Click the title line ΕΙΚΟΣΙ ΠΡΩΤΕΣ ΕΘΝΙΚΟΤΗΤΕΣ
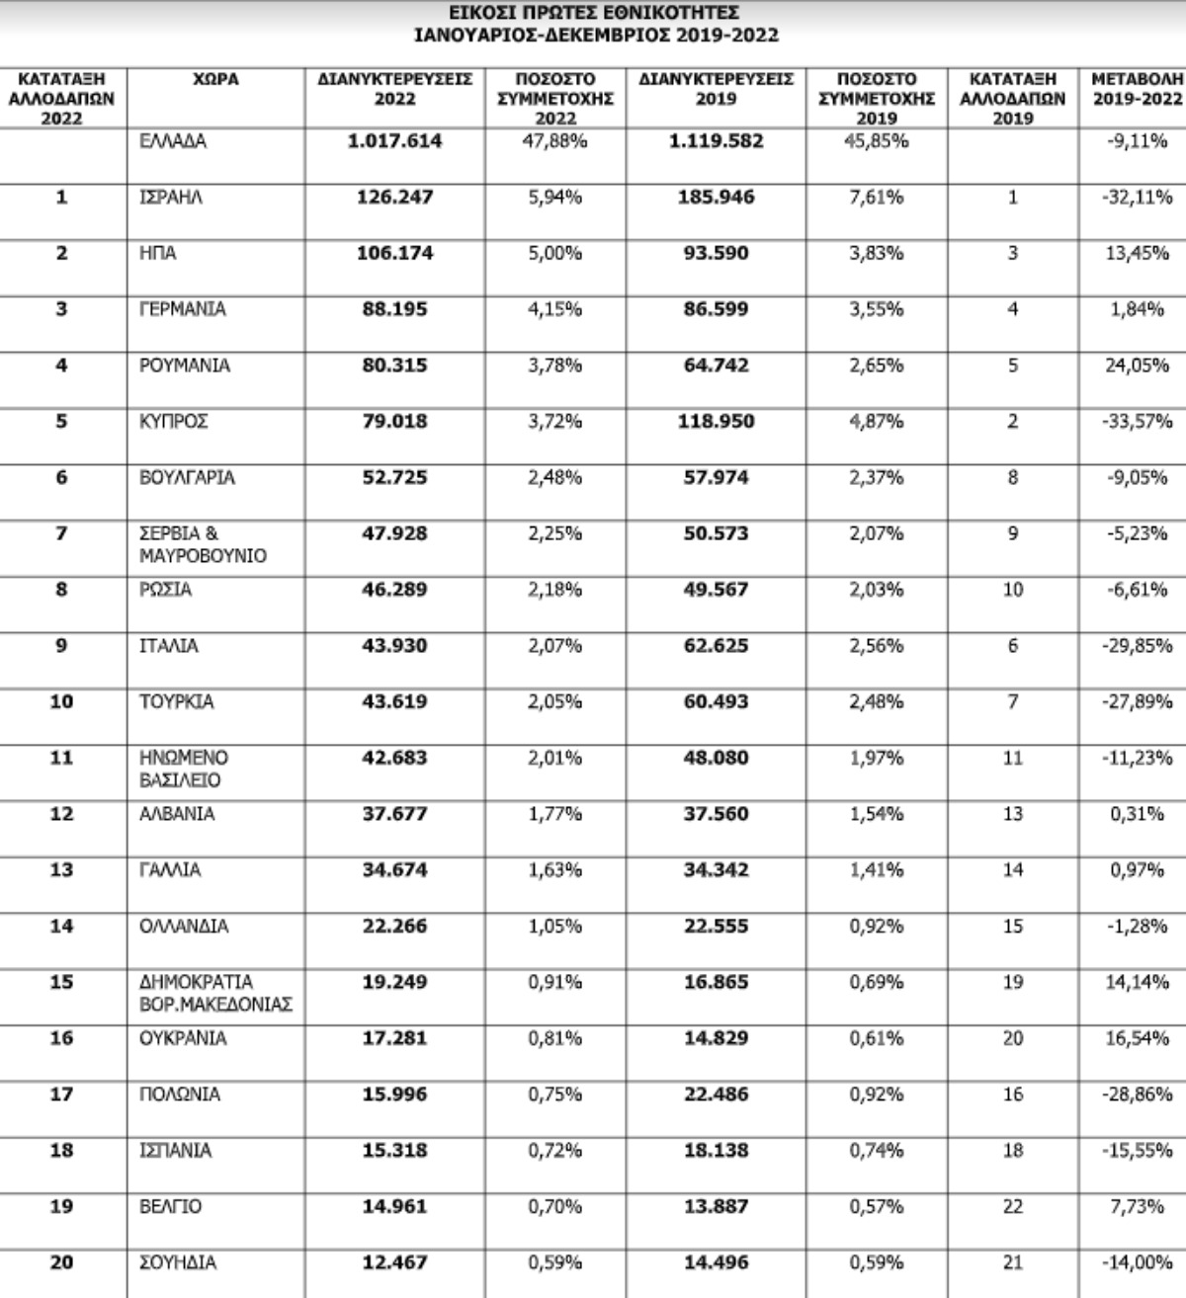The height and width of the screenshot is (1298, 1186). (593, 13)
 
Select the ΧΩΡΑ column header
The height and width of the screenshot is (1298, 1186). (215, 79)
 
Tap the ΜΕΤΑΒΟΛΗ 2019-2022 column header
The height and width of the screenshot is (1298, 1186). (1136, 89)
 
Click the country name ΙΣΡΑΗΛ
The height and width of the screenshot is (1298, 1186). (171, 198)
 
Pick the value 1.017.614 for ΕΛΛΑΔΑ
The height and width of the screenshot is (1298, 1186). (394, 141)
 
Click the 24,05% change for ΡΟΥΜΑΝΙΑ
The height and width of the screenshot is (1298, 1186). (1138, 365)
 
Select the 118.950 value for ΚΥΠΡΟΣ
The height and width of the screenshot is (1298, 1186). (716, 422)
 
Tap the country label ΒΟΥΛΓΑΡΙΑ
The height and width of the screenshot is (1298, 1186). (187, 478)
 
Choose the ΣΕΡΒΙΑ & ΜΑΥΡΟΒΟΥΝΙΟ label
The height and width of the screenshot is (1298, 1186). (203, 544)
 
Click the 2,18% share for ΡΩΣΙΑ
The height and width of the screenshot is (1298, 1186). (554, 590)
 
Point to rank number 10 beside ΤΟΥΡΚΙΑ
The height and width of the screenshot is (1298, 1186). (61, 702)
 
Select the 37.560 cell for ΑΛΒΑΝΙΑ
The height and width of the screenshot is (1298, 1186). (716, 814)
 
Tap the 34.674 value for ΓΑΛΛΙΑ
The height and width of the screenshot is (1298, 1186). (394, 870)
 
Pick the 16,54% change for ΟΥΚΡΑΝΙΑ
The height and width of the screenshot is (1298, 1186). (1138, 1038)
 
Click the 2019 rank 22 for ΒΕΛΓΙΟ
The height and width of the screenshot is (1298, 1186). (1012, 1207)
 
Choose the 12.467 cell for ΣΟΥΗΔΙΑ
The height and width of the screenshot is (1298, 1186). (394, 1262)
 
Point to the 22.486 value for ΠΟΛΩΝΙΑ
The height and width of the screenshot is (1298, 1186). (716, 1095)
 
